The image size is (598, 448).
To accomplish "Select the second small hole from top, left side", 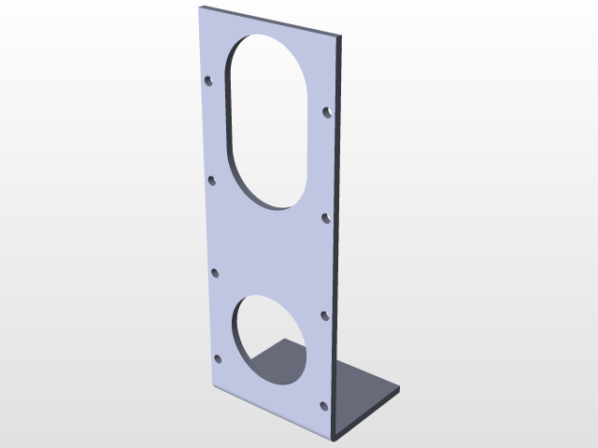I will click(212, 179).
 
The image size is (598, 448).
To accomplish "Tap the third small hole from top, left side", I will click(215, 273).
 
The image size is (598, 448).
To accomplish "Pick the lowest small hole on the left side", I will click(219, 357).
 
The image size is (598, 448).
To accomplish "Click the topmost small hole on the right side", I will click(327, 112).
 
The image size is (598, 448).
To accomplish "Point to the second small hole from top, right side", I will click(326, 217).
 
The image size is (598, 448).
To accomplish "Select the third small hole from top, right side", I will click(325, 315).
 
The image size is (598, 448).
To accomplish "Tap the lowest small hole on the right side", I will click(324, 405).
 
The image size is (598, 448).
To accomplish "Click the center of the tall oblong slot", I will click(269, 121).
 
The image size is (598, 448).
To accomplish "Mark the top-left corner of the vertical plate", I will click(201, 7).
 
